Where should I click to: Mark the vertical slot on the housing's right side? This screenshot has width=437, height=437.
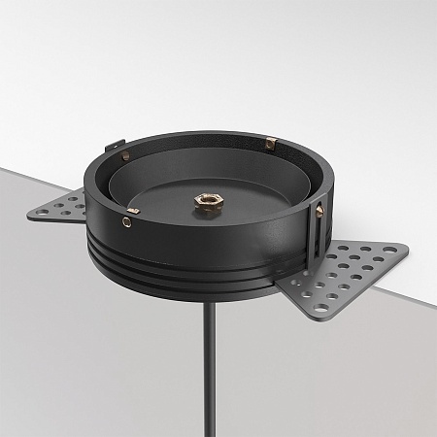[x=314, y=233]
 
